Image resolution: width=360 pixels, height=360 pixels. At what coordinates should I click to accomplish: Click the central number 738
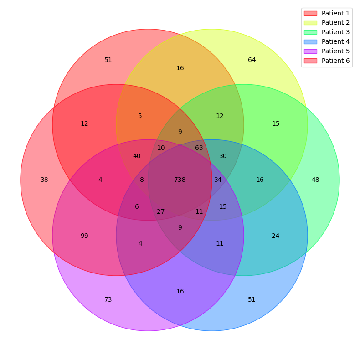click(180, 180)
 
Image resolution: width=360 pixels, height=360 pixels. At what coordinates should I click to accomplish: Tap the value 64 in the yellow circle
click(252, 60)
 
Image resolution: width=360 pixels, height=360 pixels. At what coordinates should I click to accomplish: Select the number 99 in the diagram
click(84, 236)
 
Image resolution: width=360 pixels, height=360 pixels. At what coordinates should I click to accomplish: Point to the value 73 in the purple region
click(108, 300)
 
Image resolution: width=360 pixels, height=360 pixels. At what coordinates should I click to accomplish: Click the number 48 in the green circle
click(315, 180)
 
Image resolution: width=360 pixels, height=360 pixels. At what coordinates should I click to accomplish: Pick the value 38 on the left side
click(44, 180)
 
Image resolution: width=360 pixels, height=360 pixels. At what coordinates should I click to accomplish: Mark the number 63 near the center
click(199, 148)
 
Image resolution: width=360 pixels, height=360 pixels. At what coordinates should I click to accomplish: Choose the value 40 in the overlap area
click(137, 156)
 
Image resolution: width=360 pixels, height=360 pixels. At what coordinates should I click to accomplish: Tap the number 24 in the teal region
click(276, 236)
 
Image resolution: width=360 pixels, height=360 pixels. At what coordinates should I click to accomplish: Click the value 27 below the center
click(161, 212)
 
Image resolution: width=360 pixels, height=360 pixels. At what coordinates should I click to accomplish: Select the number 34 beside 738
click(218, 180)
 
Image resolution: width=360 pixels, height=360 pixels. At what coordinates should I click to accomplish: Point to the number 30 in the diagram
click(223, 156)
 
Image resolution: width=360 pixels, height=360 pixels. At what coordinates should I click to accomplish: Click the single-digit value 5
click(140, 116)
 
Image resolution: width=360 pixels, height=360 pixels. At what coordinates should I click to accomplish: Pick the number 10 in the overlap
click(161, 148)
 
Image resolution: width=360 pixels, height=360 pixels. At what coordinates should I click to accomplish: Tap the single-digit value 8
click(142, 180)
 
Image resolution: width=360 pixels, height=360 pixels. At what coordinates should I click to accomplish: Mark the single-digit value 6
click(137, 207)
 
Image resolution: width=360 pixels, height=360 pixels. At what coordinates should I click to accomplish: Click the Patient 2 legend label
click(335, 23)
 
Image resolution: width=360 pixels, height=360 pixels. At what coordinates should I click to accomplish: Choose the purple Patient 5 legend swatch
click(310, 51)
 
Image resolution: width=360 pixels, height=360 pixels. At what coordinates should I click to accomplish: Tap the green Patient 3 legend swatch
click(310, 32)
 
